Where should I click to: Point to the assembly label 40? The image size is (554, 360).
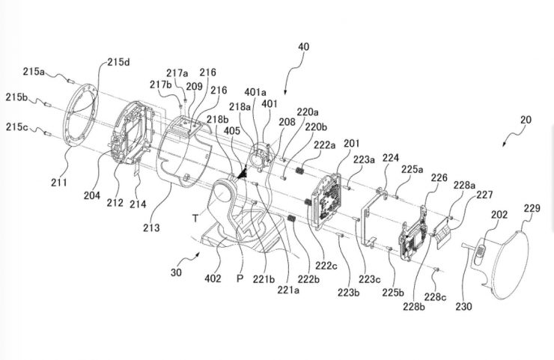click(302, 46)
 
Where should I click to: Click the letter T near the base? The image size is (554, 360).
click(195, 217)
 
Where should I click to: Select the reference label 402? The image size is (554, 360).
click(214, 279)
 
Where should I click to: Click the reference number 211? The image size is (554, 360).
click(59, 182)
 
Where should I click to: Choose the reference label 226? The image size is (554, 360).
click(439, 178)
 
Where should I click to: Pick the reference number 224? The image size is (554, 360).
click(390, 157)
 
